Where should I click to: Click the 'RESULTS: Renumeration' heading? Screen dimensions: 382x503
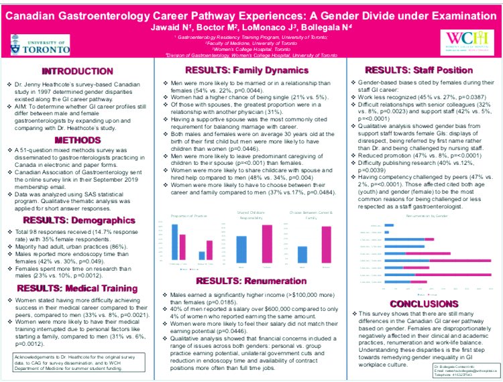tap(249, 280)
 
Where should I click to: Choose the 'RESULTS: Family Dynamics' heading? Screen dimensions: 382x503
tap(249, 71)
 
